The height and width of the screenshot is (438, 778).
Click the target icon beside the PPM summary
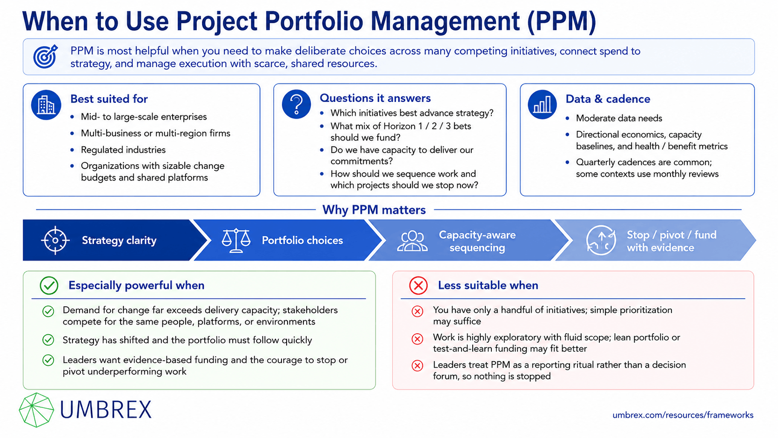[x=46, y=56]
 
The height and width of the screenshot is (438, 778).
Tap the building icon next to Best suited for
[x=46, y=105]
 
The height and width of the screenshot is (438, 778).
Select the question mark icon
[x=296, y=104]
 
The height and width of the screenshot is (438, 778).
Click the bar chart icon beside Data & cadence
[x=542, y=104]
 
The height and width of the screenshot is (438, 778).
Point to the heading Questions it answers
[x=375, y=98]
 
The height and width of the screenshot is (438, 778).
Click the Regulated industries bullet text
[x=123, y=150]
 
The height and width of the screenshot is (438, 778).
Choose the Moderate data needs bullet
[x=619, y=118]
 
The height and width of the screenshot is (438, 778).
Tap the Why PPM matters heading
[x=374, y=210]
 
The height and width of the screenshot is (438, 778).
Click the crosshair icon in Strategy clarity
[x=55, y=240]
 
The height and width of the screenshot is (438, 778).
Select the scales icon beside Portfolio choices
[x=236, y=240]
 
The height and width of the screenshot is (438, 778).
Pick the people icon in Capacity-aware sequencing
[x=412, y=241]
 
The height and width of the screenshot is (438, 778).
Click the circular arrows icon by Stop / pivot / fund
[x=601, y=240]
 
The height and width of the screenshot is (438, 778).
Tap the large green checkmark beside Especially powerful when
[x=49, y=285]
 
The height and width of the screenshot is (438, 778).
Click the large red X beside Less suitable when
[x=418, y=285]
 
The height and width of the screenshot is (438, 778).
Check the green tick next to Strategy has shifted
[x=48, y=340]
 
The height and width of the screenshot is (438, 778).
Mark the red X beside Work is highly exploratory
[x=417, y=339]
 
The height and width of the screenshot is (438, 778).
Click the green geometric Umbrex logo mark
[x=36, y=410]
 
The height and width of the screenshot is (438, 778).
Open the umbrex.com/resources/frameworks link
[x=683, y=415]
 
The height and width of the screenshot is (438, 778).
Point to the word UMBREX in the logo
[x=106, y=410]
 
